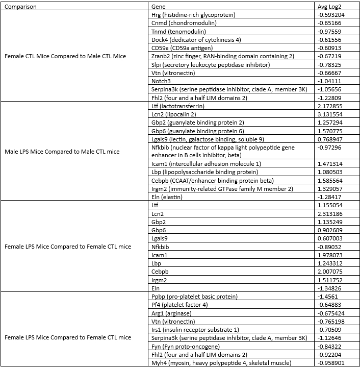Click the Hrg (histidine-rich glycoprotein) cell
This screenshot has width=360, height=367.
click(193, 15)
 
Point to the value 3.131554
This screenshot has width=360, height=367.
click(331, 114)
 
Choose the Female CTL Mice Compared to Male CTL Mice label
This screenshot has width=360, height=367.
click(65, 56)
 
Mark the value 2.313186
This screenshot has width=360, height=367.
click(331, 214)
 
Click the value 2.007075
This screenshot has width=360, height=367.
click(331, 272)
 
